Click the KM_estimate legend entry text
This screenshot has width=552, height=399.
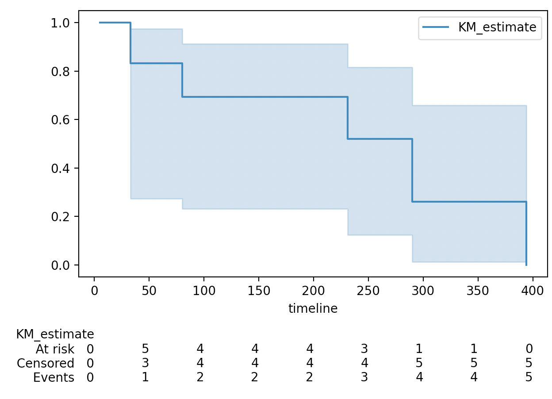coord(497,27)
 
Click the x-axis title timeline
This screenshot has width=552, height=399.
coord(313,309)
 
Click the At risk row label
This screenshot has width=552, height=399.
coord(55,349)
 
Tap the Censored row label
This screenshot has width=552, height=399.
coord(46,363)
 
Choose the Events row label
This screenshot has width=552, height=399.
coord(54,377)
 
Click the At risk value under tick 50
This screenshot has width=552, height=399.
coord(145,349)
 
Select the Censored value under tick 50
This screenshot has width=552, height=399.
coord(145,363)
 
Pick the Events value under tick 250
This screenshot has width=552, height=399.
coord(364,377)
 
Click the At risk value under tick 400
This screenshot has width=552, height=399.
coord(529,349)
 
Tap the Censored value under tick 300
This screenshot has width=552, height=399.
coord(419,363)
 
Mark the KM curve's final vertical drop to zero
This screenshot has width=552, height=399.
coord(526,234)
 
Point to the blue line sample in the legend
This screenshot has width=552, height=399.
coord(436,27)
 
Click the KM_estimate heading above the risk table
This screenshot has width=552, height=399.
coord(55,334)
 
